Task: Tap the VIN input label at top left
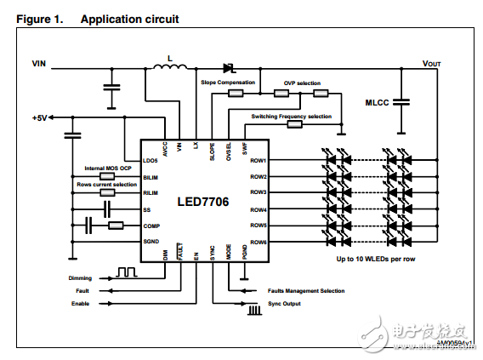pos(39,63)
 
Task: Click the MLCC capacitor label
pos(378,102)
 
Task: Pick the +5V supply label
pos(41,117)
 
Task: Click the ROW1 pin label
pos(259,160)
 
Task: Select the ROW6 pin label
pos(259,242)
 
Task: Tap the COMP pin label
pos(151,226)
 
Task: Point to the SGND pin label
pos(151,242)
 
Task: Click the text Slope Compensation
pos(227,83)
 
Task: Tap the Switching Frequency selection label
pos(292,116)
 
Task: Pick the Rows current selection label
pos(106,185)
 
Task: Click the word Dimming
pos(81,277)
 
